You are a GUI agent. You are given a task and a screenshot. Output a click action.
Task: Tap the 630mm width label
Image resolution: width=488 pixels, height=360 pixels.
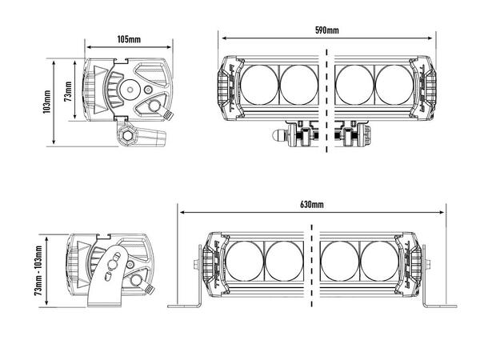[x=312, y=205]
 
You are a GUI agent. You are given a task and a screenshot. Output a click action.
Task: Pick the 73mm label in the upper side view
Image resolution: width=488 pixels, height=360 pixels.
[x=68, y=90]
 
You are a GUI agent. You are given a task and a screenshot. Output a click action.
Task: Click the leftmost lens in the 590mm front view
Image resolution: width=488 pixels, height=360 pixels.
[x=257, y=84]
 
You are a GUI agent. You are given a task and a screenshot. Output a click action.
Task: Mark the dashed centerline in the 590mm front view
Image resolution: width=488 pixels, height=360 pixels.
[x=327, y=100]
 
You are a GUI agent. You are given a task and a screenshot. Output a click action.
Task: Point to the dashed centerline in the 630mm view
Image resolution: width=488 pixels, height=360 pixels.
[x=311, y=268]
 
